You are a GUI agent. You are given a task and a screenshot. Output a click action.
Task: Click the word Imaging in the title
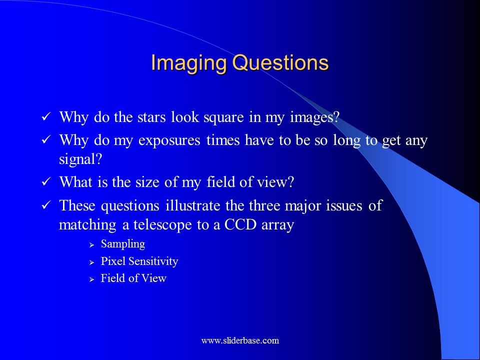tap(189, 63)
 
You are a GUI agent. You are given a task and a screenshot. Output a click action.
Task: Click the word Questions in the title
tap(280, 63)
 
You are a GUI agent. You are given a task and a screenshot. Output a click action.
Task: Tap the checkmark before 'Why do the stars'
tap(46, 116)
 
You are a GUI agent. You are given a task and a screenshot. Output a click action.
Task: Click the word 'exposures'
tap(169, 141)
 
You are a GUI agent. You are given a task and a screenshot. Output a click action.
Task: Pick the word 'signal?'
tap(80, 159)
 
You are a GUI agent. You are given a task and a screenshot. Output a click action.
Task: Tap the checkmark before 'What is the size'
tap(46, 181)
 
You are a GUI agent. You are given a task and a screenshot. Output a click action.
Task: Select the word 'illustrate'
tap(193, 205)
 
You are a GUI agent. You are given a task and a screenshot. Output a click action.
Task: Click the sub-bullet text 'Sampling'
tap(123, 244)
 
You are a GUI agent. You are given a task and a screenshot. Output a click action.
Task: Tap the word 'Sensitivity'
tap(153, 261)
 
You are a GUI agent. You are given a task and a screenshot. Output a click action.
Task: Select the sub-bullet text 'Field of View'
tap(133, 278)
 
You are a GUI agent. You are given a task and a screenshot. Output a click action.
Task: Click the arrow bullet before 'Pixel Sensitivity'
tap(91, 262)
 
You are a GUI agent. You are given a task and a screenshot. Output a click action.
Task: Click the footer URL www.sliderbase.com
tap(240, 340)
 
